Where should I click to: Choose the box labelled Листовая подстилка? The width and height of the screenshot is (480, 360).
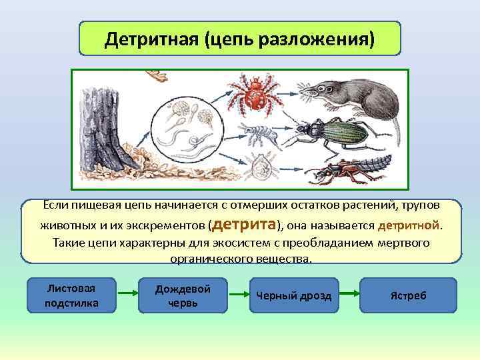71,295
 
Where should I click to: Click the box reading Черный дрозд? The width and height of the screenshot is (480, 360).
294,295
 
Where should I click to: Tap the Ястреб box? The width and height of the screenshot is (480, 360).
408,295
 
